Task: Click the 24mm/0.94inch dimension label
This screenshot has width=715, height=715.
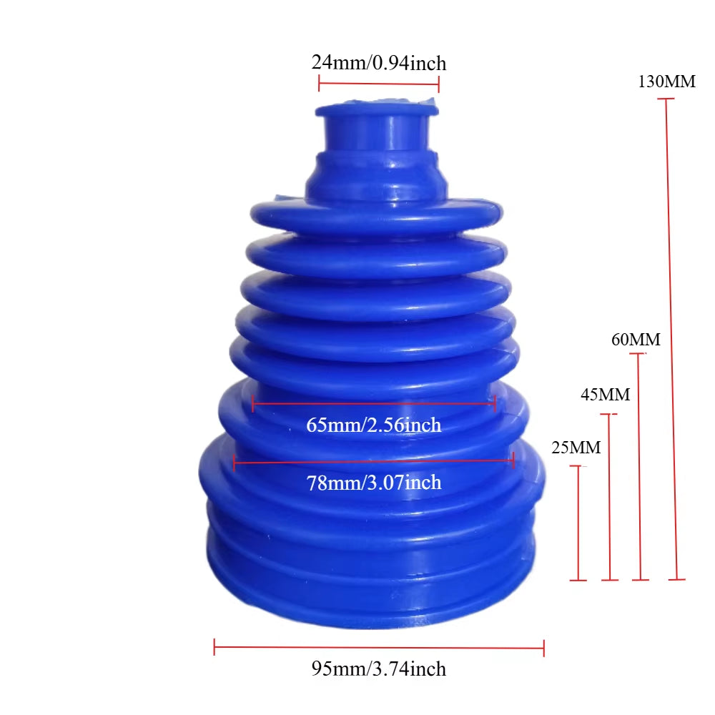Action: (x=378, y=63)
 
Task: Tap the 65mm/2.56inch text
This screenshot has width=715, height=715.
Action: (x=373, y=425)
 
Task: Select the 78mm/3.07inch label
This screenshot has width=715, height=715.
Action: (x=373, y=483)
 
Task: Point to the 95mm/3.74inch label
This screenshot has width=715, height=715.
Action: (x=378, y=669)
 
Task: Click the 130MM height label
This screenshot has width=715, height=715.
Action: (x=666, y=82)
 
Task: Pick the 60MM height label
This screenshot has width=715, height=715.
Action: (x=636, y=340)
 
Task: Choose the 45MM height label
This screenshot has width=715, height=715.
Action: (x=605, y=395)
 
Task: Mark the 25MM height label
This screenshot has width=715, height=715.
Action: (x=576, y=448)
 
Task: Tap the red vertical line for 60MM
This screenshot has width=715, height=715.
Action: (x=638, y=465)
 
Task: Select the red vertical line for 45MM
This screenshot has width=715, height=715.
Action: (x=609, y=497)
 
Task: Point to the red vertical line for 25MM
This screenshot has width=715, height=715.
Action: (x=578, y=522)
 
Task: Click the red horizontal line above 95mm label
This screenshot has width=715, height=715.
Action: (x=379, y=649)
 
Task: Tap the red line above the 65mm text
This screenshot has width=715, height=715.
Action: (x=373, y=404)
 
